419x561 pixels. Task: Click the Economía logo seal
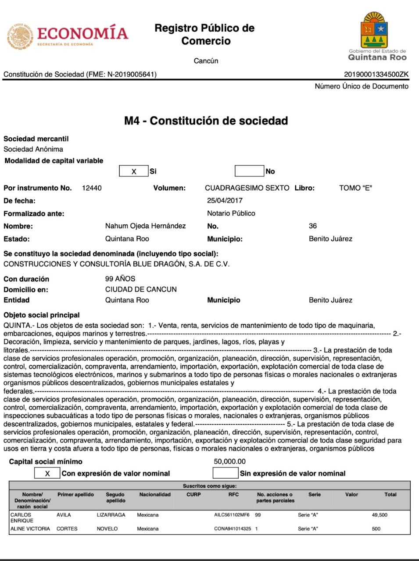point(20,36)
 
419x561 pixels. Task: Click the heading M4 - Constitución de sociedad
point(206,121)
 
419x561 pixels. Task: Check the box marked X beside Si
point(134,171)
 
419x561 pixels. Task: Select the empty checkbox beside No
point(249,171)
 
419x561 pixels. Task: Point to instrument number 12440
point(92,188)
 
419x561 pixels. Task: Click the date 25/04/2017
point(225,201)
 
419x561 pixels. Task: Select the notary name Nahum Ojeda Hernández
point(145,226)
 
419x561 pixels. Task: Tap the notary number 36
point(313,226)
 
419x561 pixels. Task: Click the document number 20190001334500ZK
point(376,75)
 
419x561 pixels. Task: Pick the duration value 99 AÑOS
point(120,279)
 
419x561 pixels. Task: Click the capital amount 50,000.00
point(229,462)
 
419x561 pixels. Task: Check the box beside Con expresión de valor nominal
point(47,473)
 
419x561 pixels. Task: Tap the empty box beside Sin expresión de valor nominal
point(225,473)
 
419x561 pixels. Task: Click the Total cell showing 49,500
point(380,515)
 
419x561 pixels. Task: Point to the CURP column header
point(193,494)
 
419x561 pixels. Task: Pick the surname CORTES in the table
point(67,529)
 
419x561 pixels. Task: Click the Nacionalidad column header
point(155,494)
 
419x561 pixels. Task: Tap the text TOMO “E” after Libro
point(355,188)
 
